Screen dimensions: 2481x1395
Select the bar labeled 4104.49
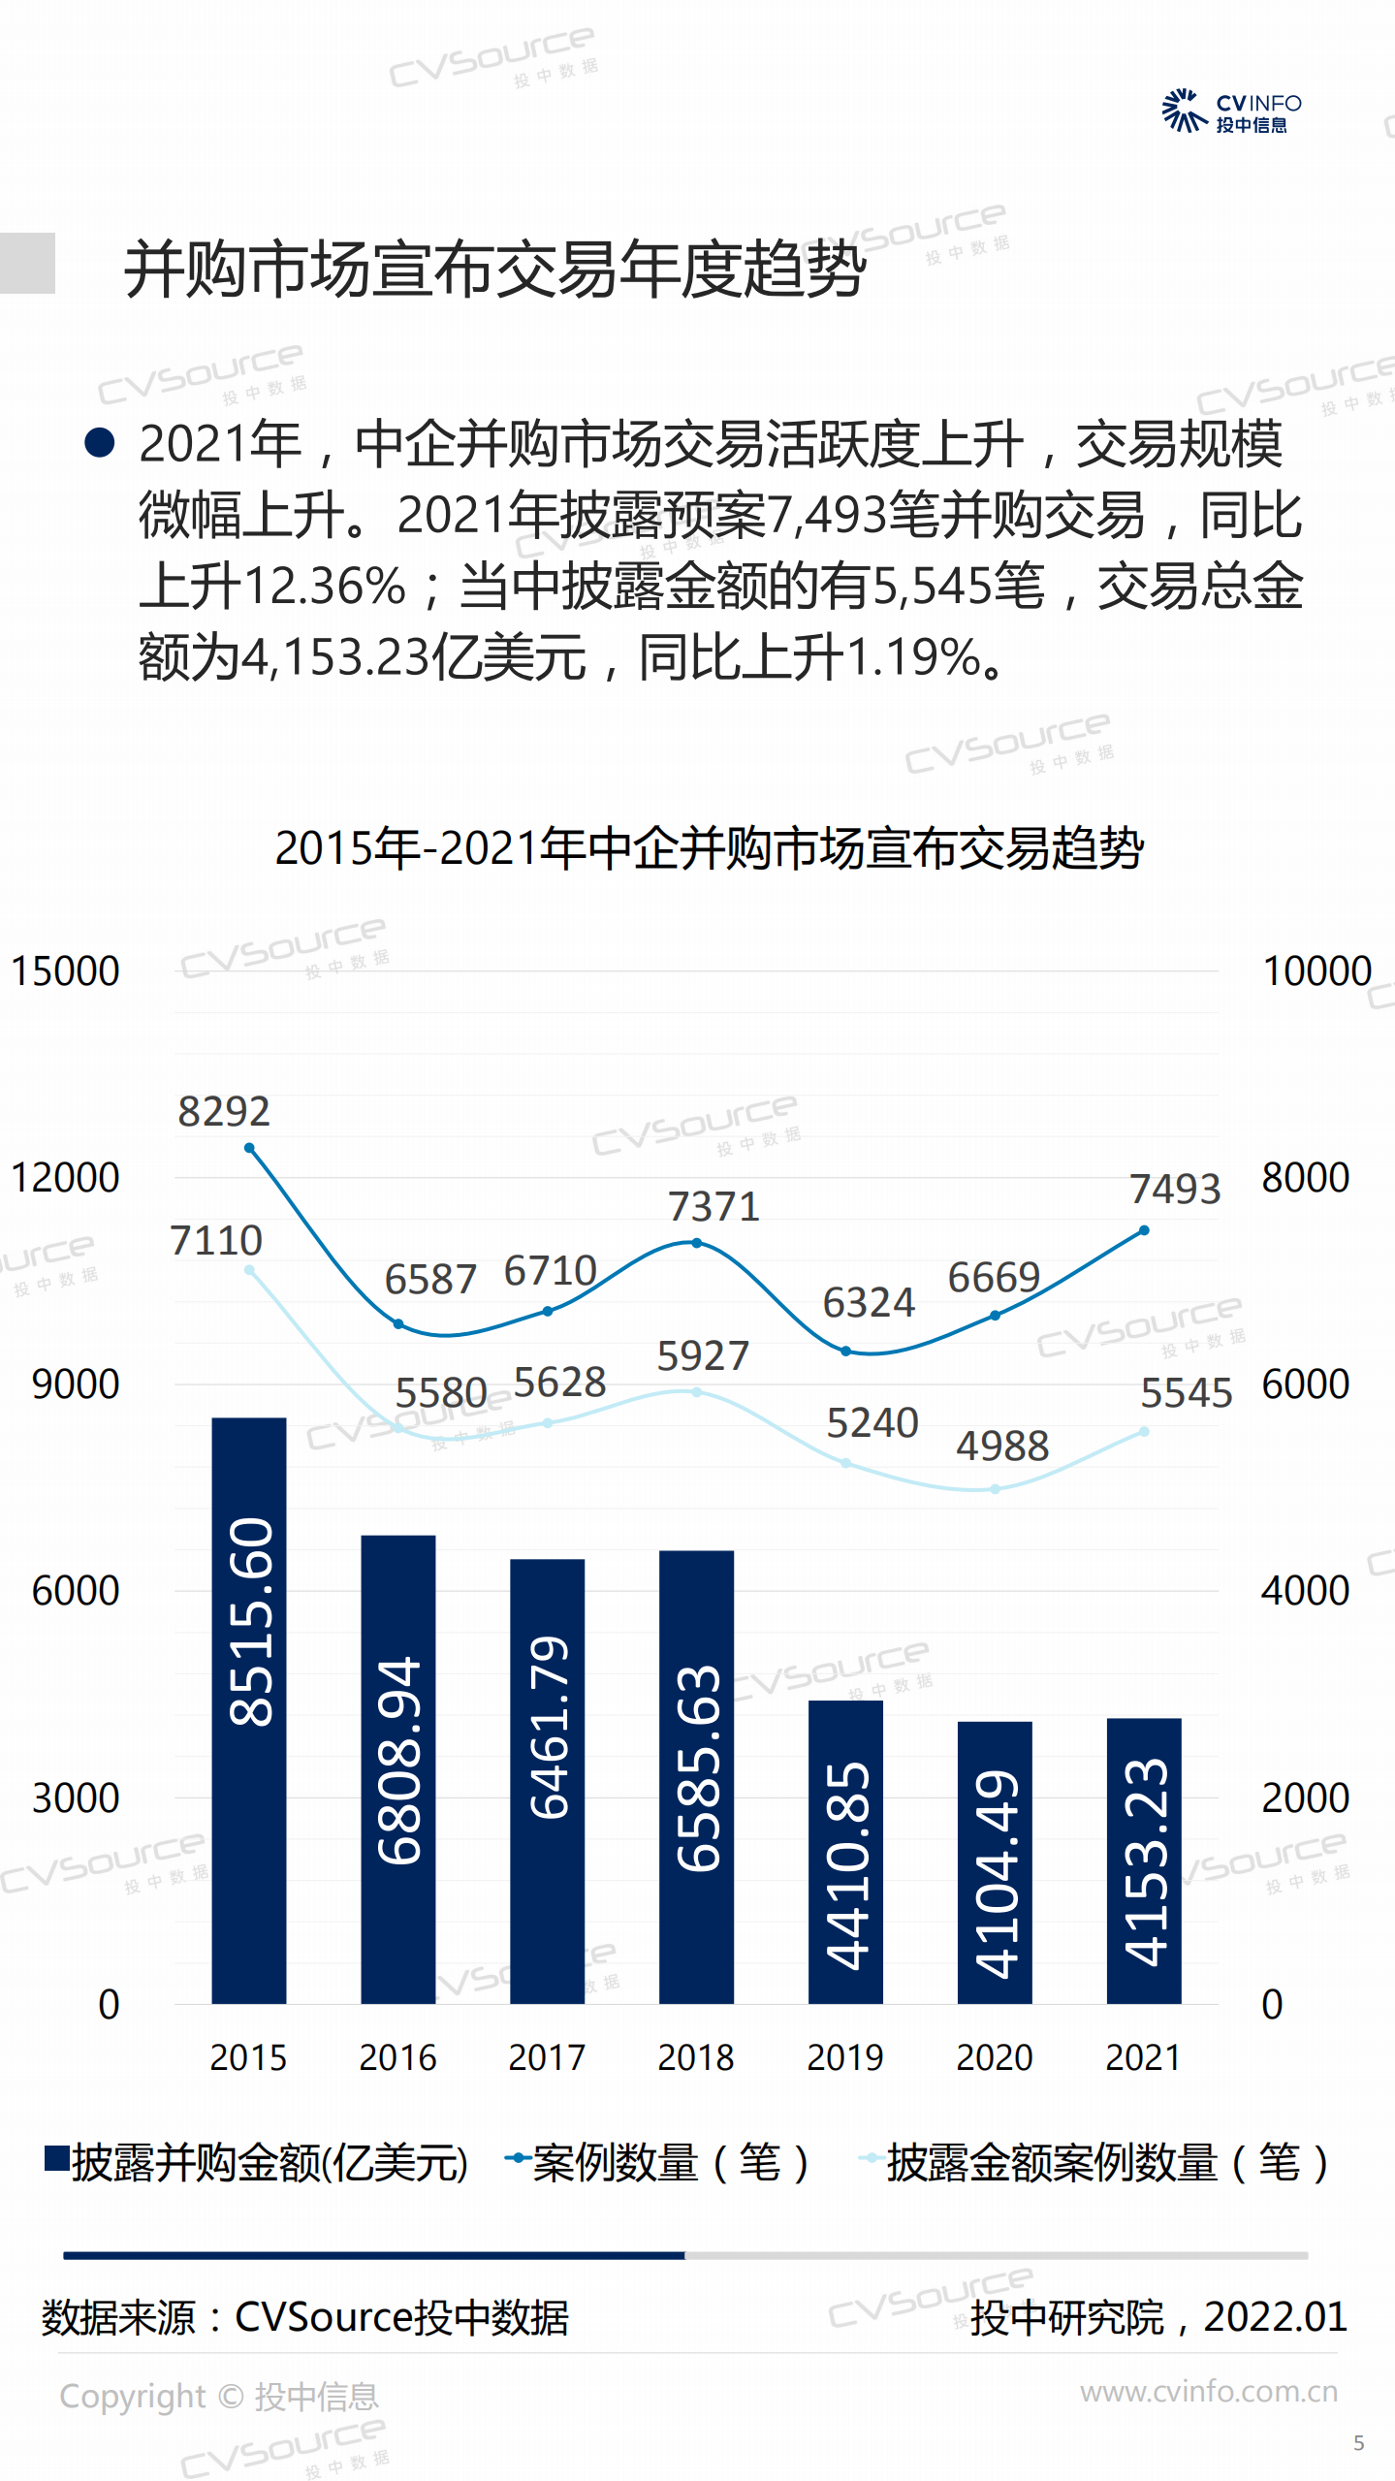pos(995,1861)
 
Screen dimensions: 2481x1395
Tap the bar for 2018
pos(696,1776)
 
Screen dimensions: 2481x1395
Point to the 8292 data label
pos(224,1111)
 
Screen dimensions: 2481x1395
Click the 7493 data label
pos(1175,1189)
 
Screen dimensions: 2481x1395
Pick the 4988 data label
pos(1002,1446)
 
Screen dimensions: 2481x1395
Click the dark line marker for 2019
pos(845,1351)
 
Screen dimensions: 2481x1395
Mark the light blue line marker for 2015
pos(249,1270)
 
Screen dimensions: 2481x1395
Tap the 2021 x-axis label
pos(1144,2056)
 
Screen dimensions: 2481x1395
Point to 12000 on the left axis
pos(65,1177)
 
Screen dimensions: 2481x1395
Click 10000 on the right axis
pos(1316,970)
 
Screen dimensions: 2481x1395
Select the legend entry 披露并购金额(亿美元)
pos(257,2163)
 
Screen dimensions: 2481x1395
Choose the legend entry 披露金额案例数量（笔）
pos(1095,2163)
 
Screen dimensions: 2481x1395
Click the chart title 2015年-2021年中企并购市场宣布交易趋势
pos(710,848)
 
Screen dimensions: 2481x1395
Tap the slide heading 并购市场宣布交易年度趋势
pos(494,269)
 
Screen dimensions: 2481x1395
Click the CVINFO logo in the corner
pos(1231,111)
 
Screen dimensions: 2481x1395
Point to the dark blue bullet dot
pos(100,443)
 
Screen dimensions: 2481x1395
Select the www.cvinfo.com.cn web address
pos(1209,2392)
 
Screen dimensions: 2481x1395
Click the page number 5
pos(1359,2443)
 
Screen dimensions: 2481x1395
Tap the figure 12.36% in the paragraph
pos(324,587)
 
